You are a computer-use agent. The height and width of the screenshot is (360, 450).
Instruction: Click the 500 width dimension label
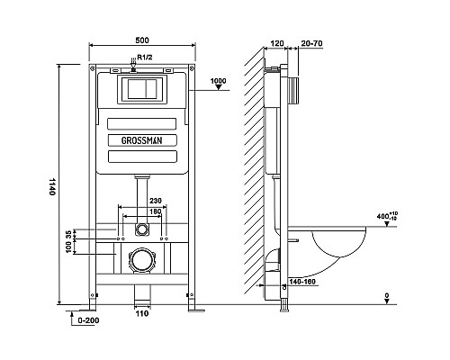click(x=142, y=40)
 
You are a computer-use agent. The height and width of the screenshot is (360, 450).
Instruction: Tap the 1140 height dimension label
click(x=52, y=186)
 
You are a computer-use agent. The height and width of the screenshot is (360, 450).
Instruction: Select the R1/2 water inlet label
click(x=145, y=57)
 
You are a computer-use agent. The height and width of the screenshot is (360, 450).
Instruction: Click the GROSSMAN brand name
click(x=141, y=140)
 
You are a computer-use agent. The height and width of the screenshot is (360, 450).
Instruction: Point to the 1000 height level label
click(x=218, y=81)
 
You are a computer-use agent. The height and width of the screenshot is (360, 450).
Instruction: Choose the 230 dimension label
click(x=156, y=201)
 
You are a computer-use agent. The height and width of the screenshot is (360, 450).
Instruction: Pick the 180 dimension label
click(x=156, y=211)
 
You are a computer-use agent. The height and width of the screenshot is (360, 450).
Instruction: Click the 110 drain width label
click(x=142, y=313)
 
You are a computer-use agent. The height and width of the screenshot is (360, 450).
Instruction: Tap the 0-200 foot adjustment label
click(x=88, y=320)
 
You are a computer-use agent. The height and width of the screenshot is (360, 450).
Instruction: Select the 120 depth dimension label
click(x=277, y=43)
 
